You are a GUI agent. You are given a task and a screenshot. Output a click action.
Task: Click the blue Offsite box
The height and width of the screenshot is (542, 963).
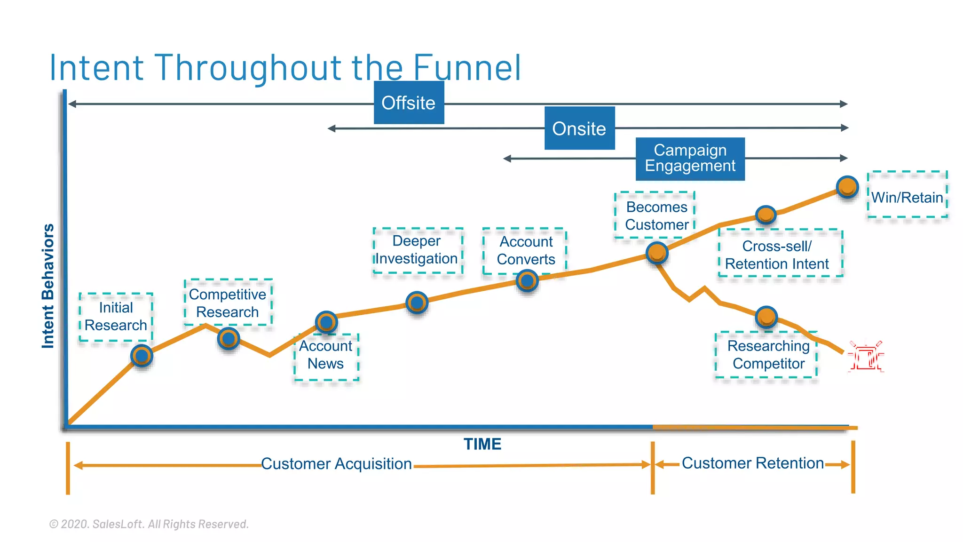coord(409,103)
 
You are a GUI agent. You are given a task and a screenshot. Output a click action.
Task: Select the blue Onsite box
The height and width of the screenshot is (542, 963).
coord(579,128)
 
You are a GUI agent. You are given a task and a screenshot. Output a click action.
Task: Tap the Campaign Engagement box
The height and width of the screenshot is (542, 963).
coord(690,159)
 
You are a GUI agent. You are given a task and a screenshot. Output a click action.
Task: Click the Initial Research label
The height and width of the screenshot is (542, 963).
coord(116,317)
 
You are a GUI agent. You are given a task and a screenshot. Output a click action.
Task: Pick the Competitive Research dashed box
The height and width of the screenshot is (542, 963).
coord(228,303)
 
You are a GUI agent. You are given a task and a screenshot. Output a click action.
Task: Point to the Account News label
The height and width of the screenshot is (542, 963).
coord(326,355)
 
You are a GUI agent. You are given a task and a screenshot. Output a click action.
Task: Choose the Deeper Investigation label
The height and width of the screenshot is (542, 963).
coord(417,250)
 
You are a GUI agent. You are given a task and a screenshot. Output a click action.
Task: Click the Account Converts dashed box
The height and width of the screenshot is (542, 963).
coord(525,250)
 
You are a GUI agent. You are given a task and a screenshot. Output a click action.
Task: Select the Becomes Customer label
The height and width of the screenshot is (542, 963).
coord(656,215)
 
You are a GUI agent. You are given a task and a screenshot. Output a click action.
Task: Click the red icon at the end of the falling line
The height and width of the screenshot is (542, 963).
coord(865,357)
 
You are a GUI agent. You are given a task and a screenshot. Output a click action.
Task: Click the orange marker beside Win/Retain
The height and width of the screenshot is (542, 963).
coord(847,187)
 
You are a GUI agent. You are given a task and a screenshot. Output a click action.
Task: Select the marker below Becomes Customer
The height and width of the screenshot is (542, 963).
coord(657,253)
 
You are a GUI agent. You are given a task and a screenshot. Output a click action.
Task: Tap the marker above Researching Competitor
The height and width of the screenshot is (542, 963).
coord(766,317)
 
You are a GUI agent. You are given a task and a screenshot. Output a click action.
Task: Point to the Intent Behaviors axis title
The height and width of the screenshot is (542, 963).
coord(48,286)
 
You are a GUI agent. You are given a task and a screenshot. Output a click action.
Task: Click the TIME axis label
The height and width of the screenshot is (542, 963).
coord(482,444)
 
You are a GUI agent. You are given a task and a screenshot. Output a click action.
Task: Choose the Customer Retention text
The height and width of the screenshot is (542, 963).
coord(752,463)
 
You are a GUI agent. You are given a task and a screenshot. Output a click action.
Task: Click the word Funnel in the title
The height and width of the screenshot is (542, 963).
coord(467,68)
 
